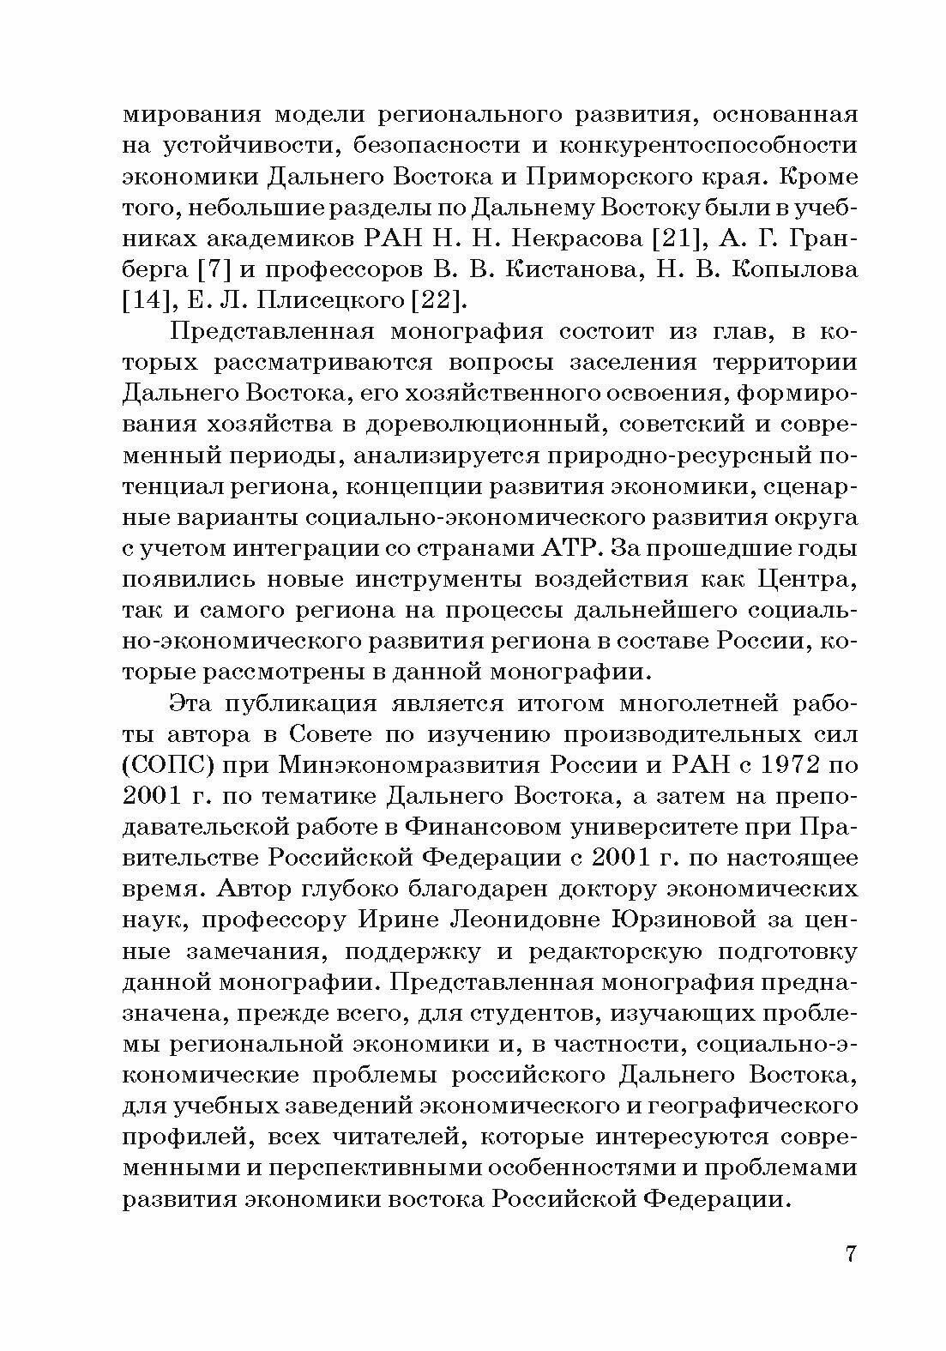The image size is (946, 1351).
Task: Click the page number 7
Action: click(x=851, y=1253)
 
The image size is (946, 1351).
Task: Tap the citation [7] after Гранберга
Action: click(x=211, y=268)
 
